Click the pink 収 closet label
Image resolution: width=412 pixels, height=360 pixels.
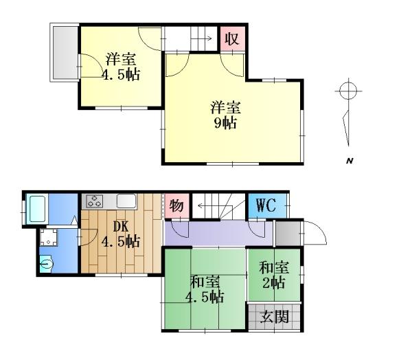(x=232, y=39)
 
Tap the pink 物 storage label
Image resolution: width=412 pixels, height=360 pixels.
(x=176, y=205)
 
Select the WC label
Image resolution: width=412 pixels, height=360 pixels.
(x=266, y=205)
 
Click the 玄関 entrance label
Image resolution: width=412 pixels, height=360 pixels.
(x=275, y=317)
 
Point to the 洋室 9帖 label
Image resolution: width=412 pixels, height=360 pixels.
(x=225, y=115)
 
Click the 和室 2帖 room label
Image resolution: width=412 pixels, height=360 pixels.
(x=274, y=275)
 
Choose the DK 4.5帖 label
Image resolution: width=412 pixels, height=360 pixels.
(x=121, y=234)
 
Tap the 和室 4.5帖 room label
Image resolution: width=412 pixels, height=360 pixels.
(x=205, y=289)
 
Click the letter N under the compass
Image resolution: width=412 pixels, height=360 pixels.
(x=350, y=161)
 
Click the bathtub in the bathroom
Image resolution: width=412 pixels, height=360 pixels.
(x=37, y=209)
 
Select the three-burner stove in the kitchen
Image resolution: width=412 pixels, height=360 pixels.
(x=95, y=201)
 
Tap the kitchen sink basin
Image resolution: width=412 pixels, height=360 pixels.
(x=126, y=201)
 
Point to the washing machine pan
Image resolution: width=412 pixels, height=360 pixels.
(x=48, y=238)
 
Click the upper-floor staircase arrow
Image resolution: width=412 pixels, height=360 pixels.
(x=202, y=38)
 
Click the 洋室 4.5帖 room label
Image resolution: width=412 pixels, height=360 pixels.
(x=121, y=67)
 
